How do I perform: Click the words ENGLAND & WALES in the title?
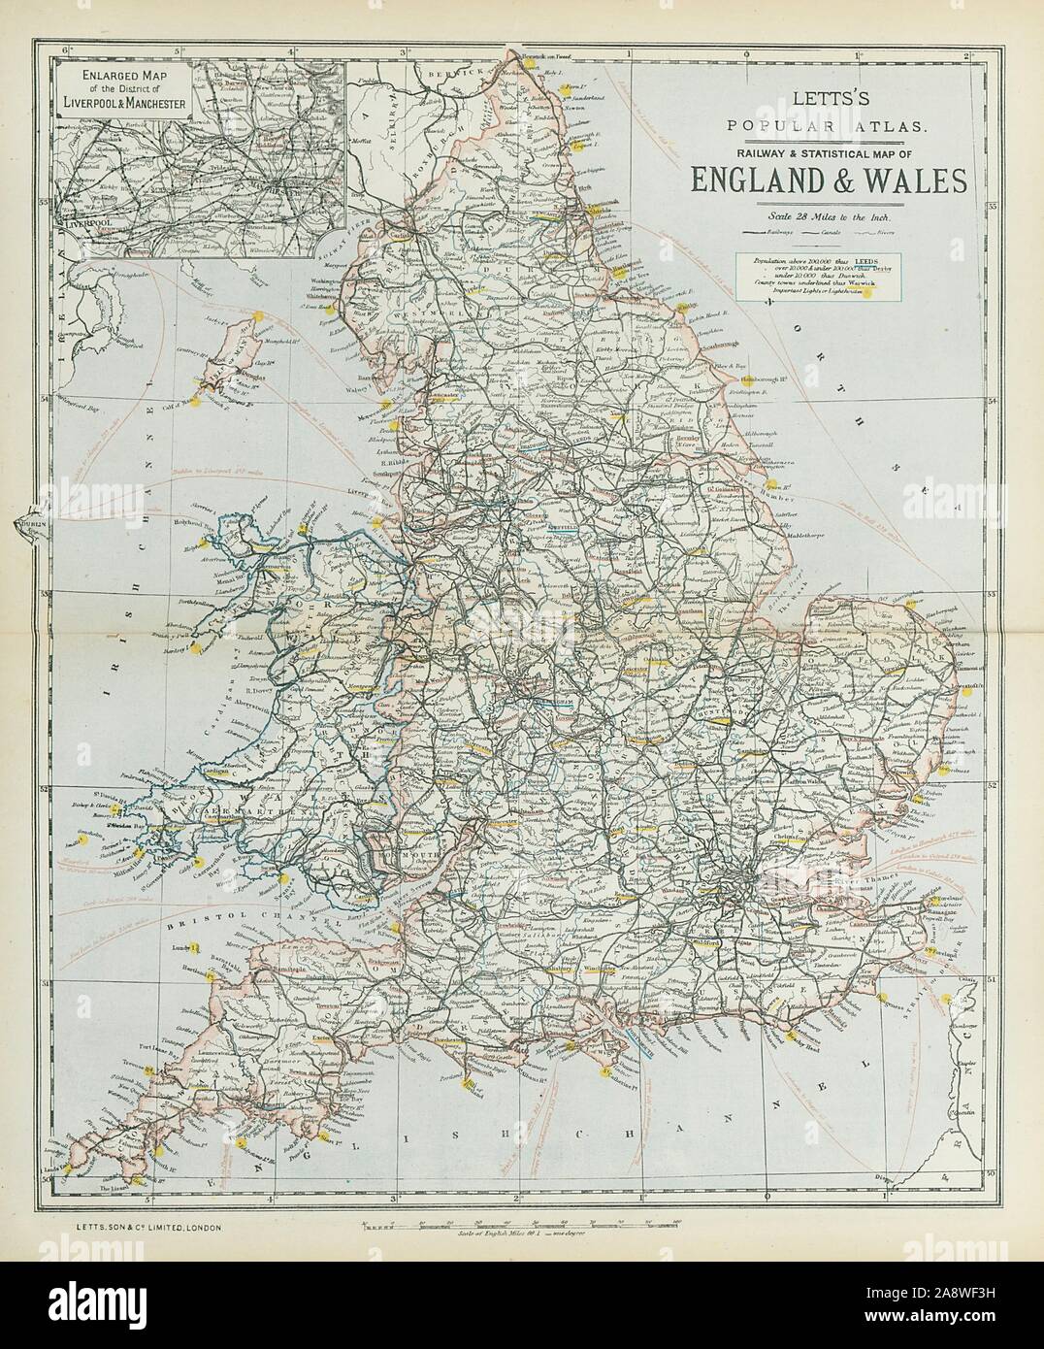(828, 181)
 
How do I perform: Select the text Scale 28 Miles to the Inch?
(829, 216)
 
